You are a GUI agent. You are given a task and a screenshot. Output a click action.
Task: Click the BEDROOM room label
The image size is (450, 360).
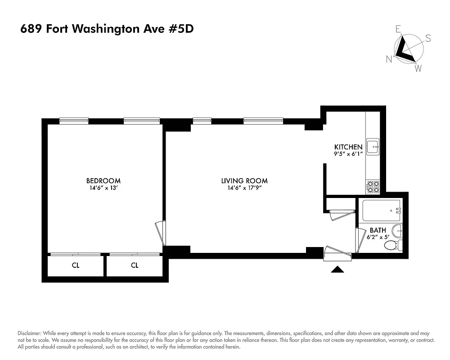pyautogui.click(x=103, y=181)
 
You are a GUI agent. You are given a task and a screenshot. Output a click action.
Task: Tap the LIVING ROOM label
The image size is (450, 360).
pyautogui.click(x=244, y=181)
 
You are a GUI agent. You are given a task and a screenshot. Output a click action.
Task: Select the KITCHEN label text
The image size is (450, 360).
pyautogui.click(x=348, y=147)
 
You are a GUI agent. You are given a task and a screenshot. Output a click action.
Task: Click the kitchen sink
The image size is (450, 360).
pyautogui.click(x=373, y=146)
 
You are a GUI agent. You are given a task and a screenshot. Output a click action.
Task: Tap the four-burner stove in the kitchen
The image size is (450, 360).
pyautogui.click(x=373, y=186)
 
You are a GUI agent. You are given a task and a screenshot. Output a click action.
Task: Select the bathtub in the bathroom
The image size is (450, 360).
pyautogui.click(x=382, y=210)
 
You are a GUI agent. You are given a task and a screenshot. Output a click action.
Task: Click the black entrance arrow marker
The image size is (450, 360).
pyautogui.click(x=337, y=270)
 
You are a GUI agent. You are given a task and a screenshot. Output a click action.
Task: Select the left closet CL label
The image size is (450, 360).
pyautogui.click(x=76, y=265)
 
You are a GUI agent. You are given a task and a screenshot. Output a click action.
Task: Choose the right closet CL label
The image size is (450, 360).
pyautogui.click(x=135, y=265)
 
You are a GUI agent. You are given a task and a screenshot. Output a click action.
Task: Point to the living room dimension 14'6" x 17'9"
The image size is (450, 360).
pyautogui.click(x=244, y=188)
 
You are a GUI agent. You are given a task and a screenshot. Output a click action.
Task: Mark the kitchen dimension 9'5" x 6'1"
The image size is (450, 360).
pyautogui.click(x=348, y=153)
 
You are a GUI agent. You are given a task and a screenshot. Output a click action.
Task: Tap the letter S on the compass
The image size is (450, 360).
pyautogui.click(x=428, y=39)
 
